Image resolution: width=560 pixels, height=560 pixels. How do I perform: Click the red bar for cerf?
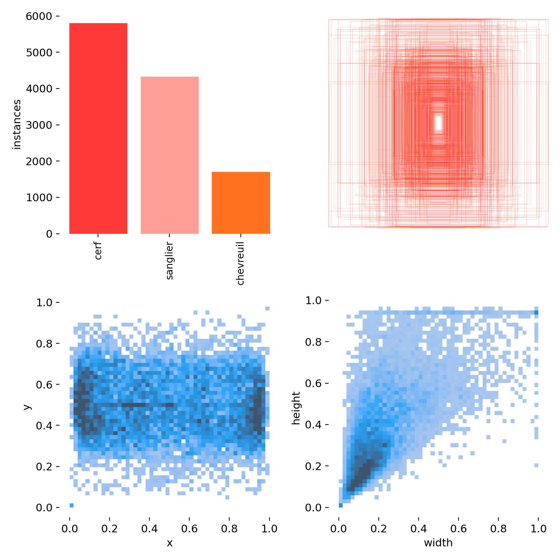pos(98,128)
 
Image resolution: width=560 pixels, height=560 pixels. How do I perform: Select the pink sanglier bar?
pos(169,155)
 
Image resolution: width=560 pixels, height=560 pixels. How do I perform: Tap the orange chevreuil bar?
pos(241,203)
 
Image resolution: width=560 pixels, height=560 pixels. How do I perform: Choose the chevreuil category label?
pos(240,263)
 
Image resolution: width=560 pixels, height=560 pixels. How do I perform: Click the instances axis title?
pos(17,125)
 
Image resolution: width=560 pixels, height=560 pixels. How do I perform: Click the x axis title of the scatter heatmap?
pos(169,543)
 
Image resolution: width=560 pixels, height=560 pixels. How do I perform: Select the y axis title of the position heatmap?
pos(27,406)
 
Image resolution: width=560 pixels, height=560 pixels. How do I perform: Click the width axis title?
pos(438,543)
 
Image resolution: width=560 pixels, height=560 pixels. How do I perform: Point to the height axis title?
pos(296,408)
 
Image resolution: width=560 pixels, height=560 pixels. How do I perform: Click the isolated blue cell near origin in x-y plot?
pos(71,505)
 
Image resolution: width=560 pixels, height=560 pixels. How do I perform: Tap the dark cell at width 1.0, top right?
pos(536,313)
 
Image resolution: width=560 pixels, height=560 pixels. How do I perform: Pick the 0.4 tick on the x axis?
pos(149,528)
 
